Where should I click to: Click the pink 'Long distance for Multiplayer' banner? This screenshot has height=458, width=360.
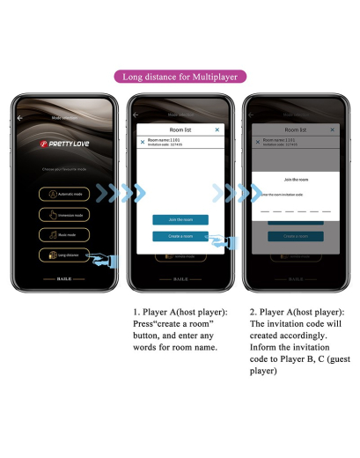(180, 77)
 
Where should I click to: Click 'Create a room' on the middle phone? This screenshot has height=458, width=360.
(180, 236)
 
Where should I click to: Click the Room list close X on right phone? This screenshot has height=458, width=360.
(332, 129)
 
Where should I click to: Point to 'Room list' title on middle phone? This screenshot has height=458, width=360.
(180, 129)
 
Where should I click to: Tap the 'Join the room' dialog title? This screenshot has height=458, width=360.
(295, 177)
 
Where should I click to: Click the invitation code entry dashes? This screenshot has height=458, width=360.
(295, 211)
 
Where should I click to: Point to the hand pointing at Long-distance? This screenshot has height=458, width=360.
(107, 260)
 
